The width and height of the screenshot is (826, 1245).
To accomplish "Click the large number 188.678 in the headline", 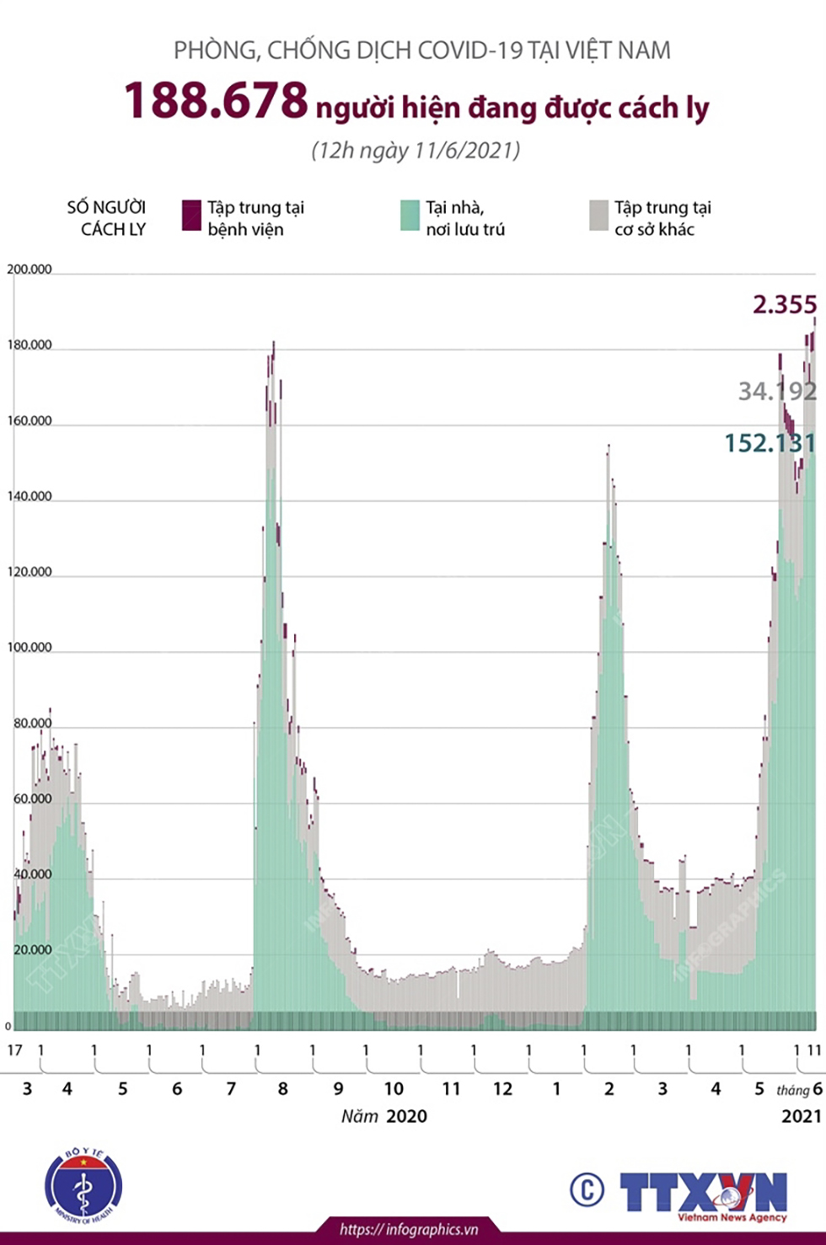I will click(217, 100).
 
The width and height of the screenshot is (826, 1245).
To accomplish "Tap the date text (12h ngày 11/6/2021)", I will click(416, 150).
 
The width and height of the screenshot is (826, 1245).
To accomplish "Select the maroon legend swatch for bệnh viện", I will click(191, 216).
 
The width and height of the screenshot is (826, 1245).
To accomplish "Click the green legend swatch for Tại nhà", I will click(410, 216).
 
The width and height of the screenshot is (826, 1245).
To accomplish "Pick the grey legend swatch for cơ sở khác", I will click(598, 216).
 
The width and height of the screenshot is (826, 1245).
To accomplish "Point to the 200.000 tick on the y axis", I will click(29, 270).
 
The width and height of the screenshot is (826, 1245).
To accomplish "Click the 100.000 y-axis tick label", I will click(29, 648).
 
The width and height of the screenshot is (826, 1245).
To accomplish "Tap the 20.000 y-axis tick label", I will click(32, 950).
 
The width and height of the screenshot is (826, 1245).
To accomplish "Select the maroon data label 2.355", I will click(784, 304).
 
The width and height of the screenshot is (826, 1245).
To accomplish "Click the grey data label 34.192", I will click(777, 391).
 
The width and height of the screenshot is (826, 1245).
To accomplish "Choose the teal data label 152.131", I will click(770, 443).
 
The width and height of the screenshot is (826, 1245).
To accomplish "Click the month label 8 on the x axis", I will click(283, 1088).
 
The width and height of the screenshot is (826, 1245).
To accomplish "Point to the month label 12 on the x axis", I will click(502, 1088).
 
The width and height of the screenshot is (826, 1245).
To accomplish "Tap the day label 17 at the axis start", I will click(14, 1050).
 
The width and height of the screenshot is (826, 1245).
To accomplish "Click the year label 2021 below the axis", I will click(801, 1116).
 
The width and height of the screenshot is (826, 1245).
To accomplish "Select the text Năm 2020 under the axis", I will click(384, 1116).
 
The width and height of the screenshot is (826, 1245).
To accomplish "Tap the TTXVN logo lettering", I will click(703, 1192).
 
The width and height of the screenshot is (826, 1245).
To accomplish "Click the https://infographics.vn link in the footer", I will click(409, 1230).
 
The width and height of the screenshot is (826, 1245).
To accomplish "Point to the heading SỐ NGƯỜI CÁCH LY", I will click(107, 218).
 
